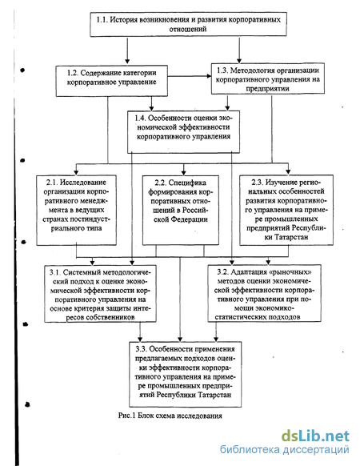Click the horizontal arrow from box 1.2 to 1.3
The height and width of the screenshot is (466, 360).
[x=190, y=76]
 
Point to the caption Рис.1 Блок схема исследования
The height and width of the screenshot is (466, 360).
[x=170, y=416]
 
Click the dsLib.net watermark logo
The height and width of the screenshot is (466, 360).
[x=315, y=436]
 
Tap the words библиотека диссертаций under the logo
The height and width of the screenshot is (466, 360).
[x=285, y=449]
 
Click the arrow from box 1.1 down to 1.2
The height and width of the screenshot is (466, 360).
[x=127, y=50]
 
